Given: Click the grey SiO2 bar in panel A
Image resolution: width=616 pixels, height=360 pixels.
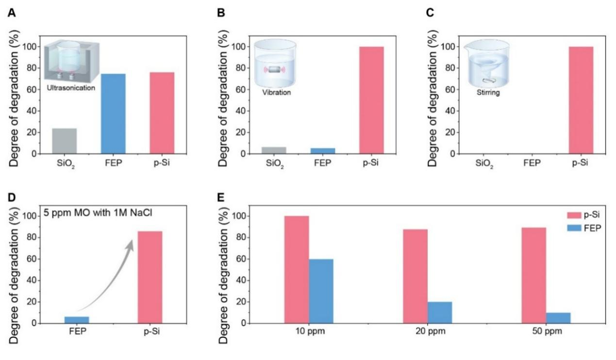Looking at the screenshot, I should point(65,141).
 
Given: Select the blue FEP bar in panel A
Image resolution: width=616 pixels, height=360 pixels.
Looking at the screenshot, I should point(113,114).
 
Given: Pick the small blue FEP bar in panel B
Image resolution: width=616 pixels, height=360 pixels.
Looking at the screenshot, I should point(323,151).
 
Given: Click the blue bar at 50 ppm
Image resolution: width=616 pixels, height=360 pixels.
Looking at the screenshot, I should point(558,318).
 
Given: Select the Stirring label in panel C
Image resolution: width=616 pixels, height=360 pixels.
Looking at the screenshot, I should point(480,89).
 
